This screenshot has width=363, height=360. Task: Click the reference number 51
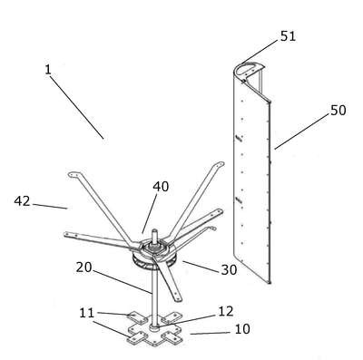[288, 36]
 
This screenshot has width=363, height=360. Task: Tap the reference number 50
[338, 111]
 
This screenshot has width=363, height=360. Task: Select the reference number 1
[48, 70]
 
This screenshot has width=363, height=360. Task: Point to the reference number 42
[22, 201]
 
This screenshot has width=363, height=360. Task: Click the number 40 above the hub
[161, 187]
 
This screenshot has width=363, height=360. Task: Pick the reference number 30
[229, 270]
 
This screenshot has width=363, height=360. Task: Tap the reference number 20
[83, 268]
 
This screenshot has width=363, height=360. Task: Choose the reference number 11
[87, 313]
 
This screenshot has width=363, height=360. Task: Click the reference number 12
[226, 311]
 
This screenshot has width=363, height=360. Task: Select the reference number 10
[242, 329]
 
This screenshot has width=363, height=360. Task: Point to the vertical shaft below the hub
[155, 297]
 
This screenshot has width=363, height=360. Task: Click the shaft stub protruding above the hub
[155, 236]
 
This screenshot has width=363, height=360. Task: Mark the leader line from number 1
[77, 107]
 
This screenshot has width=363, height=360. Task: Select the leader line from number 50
[301, 131]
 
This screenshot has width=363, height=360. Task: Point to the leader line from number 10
[210, 333]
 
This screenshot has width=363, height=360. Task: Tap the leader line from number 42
[50, 206]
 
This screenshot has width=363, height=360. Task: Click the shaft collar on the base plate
[155, 327]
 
